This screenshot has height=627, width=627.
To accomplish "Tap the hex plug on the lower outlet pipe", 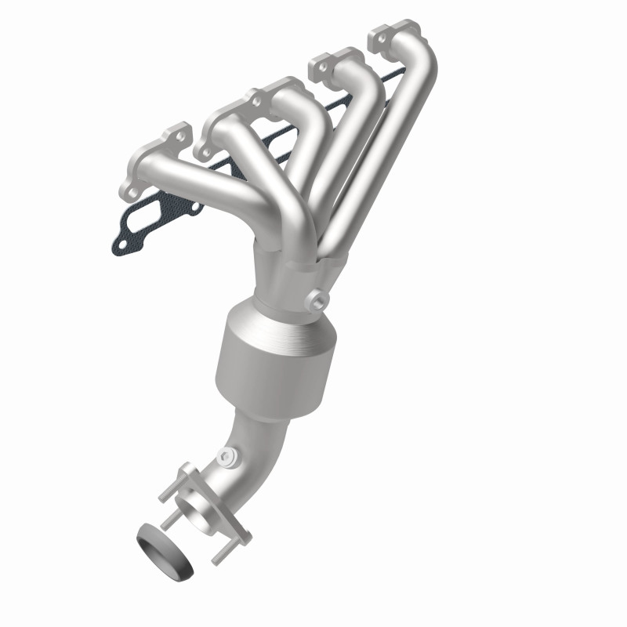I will coord(227,455).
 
